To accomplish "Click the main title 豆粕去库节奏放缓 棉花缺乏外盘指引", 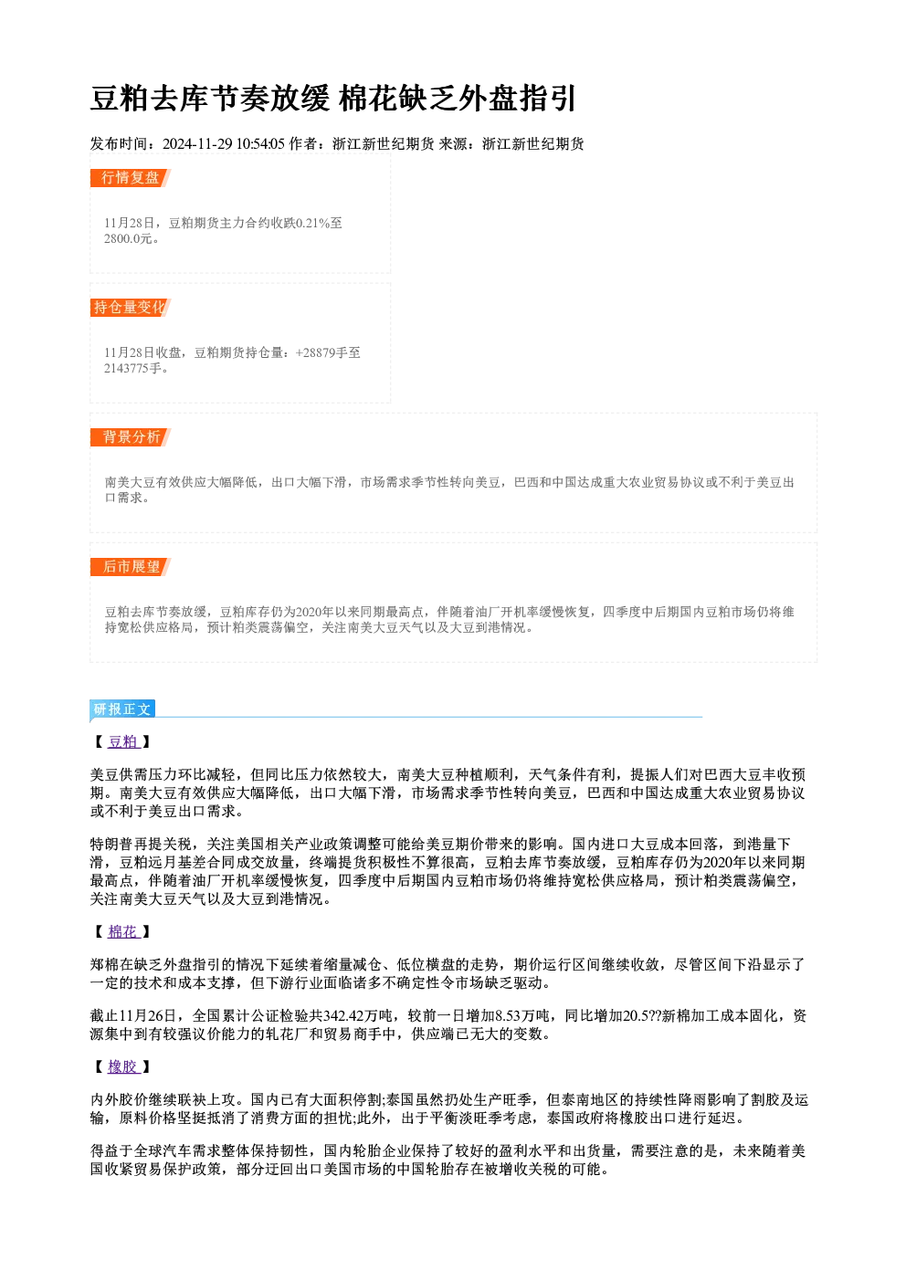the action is [x=332, y=99].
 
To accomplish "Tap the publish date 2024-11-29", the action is [x=197, y=144].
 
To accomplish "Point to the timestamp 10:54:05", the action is [x=260, y=144].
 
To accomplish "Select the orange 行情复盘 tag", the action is [x=130, y=178].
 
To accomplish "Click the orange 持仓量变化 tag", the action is [x=130, y=308].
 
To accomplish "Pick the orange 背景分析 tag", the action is [x=130, y=437].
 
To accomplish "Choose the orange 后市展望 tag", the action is [x=130, y=567].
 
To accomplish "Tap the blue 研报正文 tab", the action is [x=122, y=709].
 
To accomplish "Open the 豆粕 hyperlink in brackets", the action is [x=123, y=742].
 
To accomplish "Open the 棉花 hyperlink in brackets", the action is [x=123, y=932].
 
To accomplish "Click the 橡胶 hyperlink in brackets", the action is [x=123, y=1067].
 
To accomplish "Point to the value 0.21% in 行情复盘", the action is [x=312, y=223].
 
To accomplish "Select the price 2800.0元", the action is [x=129, y=238].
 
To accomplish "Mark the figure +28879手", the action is [x=321, y=352].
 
